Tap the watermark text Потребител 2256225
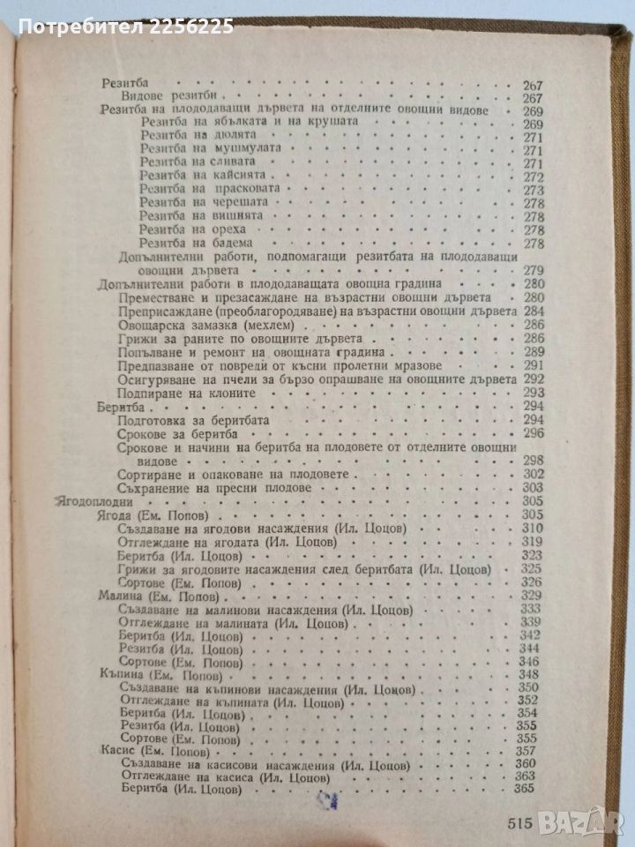pyautogui.click(x=126, y=27)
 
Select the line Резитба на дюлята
pyautogui.click(x=198, y=138)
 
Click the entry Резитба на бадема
pyautogui.click(x=201, y=242)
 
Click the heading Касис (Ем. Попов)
pyautogui.click(x=148, y=750)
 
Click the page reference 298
pyautogui.click(x=534, y=461)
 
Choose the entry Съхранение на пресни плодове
pyautogui.click(x=213, y=488)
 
